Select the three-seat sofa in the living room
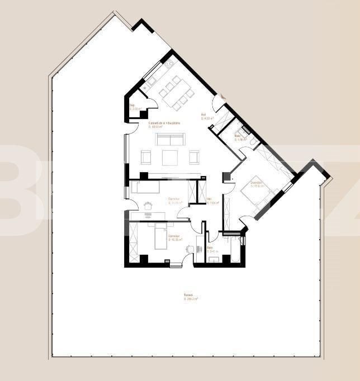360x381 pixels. [170, 139]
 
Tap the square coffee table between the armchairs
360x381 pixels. [170, 158]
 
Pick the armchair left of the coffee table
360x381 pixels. [146, 158]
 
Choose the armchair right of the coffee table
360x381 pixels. [194, 158]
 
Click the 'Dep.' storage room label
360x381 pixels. [132, 105]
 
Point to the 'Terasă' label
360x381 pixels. [188, 296]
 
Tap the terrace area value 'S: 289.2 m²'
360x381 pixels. [191, 299]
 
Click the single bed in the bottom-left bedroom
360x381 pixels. [160, 235]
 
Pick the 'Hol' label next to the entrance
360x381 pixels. [204, 115]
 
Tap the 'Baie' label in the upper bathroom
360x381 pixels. [238, 136]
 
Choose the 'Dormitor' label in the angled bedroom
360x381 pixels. [257, 183]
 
